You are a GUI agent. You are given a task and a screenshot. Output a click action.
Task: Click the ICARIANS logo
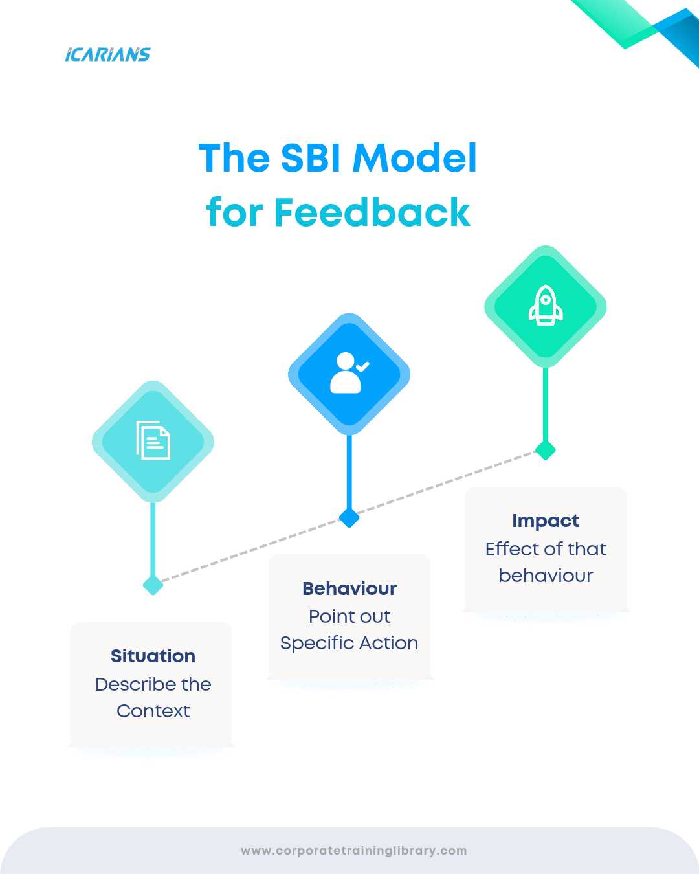click(107, 54)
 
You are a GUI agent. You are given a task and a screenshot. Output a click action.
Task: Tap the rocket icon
click(546, 306)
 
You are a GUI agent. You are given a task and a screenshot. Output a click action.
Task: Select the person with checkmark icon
click(348, 373)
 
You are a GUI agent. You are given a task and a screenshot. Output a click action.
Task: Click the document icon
click(153, 440)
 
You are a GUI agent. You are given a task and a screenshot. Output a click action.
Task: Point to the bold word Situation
click(153, 656)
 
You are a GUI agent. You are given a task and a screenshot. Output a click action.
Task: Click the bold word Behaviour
click(349, 588)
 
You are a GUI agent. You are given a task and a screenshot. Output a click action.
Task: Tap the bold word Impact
click(546, 521)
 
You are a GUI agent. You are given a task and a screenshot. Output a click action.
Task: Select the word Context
click(153, 711)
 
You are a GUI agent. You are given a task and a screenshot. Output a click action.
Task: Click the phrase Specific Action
click(349, 643)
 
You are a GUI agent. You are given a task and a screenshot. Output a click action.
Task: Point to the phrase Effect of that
click(546, 549)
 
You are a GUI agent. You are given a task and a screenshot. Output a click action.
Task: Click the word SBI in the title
click(312, 158)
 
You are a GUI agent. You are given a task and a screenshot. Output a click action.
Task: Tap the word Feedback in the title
click(372, 212)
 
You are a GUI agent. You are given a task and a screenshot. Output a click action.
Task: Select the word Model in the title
click(415, 158)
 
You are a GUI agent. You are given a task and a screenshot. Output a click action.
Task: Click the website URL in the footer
click(353, 851)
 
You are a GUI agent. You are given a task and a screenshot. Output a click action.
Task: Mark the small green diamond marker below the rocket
click(546, 450)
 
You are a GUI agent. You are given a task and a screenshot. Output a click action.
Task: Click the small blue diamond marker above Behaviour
click(349, 517)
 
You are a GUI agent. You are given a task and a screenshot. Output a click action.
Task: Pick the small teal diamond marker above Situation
click(153, 585)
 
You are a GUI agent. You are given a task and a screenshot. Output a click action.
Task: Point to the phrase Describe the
click(153, 684)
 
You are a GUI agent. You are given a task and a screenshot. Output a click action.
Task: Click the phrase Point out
click(349, 616)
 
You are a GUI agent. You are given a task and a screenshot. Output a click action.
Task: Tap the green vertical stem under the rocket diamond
click(546, 405)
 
